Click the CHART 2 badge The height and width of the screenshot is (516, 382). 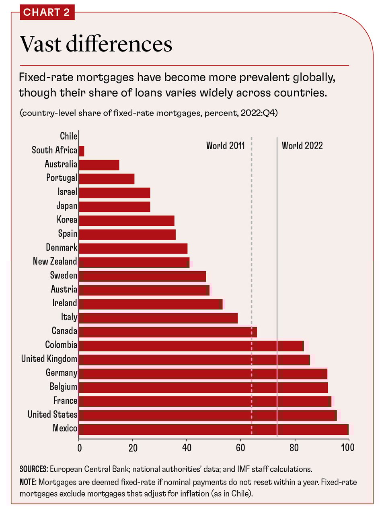click(x=47, y=12)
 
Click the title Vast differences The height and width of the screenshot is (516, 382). click(x=96, y=44)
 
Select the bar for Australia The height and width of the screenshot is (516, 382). click(x=99, y=165)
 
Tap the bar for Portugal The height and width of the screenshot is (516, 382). click(x=107, y=179)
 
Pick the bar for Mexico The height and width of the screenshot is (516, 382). click(x=214, y=429)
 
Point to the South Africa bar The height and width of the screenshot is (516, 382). click(x=82, y=151)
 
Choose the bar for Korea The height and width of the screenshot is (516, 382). click(x=127, y=221)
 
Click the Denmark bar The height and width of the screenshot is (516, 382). click(x=133, y=248)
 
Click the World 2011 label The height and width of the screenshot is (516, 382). click(x=225, y=145)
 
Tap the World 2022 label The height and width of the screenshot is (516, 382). click(x=302, y=145)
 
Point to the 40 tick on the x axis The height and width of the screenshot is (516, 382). click(x=187, y=447)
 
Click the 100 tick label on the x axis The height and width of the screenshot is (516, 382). click(x=348, y=447)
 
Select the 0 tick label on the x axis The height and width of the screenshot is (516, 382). click(x=79, y=447)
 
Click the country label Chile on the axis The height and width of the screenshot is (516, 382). click(x=68, y=136)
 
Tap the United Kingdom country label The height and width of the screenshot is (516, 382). click(x=49, y=359)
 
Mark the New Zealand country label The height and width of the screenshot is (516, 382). click(x=55, y=262)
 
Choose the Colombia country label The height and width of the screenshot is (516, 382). click(x=61, y=345)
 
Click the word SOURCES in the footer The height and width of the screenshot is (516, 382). click(x=33, y=469)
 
